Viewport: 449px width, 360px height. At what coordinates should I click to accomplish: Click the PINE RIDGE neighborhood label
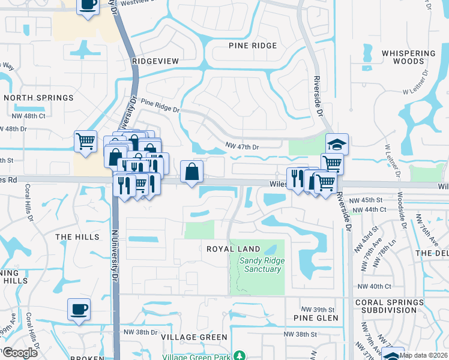[253, 46]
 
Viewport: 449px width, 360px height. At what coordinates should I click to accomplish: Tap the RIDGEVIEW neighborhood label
[155, 61]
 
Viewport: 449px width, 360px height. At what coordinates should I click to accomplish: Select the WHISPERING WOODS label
[408, 57]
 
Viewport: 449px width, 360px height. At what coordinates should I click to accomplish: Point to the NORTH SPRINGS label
[38, 97]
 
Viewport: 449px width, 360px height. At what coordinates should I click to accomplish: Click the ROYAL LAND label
[233, 248]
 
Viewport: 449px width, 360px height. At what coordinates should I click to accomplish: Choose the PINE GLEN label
[316, 317]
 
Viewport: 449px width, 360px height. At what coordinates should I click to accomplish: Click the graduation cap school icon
[337, 144]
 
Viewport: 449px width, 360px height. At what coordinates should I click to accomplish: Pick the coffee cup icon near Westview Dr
[88, 6]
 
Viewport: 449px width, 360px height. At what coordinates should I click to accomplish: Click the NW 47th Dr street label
[242, 146]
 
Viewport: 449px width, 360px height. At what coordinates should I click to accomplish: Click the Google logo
[20, 353]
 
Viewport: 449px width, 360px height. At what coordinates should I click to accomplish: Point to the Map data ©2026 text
[423, 356]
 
